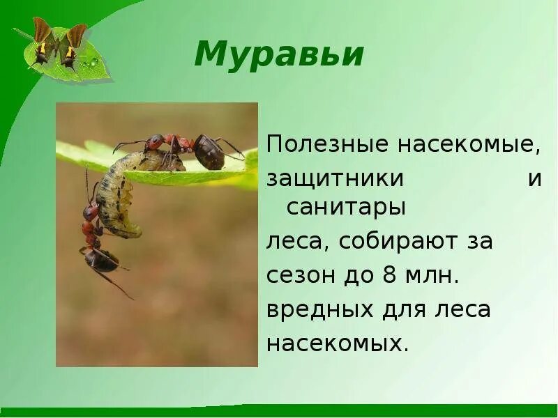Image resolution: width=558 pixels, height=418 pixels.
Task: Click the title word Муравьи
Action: [279, 54]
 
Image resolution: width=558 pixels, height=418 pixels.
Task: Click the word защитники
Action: [335, 178]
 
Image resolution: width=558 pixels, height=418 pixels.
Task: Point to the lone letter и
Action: [534, 178]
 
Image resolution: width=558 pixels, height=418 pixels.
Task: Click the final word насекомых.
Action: [338, 343]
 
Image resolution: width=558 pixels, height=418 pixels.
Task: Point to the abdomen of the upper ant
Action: [209, 153]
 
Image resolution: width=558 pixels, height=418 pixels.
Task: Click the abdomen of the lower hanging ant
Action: [102, 260]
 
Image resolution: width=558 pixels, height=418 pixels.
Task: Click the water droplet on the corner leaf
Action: [93, 63]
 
